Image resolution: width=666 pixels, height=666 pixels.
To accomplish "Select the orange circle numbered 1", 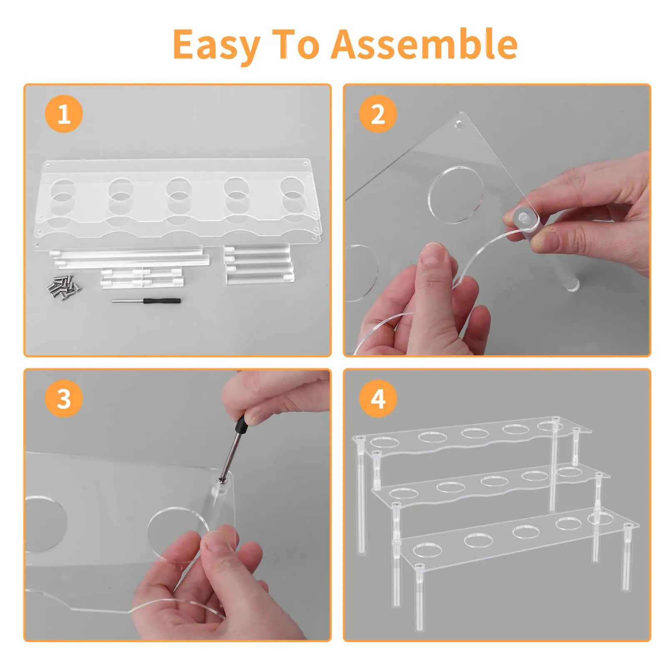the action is pyautogui.click(x=64, y=114).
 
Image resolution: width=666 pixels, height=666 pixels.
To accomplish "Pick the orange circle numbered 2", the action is pyautogui.click(x=378, y=114).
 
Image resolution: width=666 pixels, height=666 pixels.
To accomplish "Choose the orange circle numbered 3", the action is pyautogui.click(x=64, y=398).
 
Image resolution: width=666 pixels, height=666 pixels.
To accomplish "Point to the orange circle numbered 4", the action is pyautogui.click(x=378, y=398).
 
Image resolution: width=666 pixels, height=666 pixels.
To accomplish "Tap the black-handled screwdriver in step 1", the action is pyautogui.click(x=146, y=300).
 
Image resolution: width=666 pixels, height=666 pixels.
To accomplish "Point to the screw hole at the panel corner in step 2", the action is pyautogui.click(x=459, y=124).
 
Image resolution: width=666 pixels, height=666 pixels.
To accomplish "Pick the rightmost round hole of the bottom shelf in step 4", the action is pyautogui.click(x=601, y=519).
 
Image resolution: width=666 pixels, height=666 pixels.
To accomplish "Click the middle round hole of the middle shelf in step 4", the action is pyautogui.click(x=494, y=481).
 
